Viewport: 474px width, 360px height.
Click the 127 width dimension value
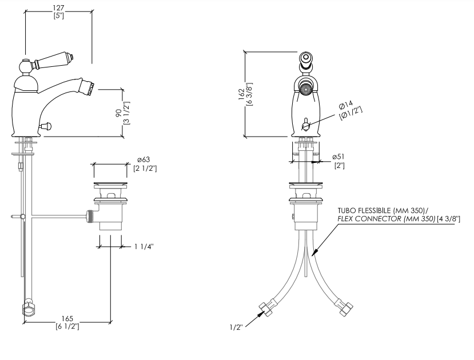(x=58, y=8)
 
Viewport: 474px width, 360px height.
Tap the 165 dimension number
(x=67, y=319)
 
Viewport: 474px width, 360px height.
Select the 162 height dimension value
(x=241, y=94)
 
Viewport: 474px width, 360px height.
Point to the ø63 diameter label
(x=144, y=160)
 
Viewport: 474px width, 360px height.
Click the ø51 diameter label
(x=338, y=157)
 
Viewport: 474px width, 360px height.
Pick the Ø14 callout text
(x=346, y=105)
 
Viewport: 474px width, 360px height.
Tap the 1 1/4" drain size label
(x=144, y=247)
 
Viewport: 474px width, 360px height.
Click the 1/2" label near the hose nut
(x=236, y=327)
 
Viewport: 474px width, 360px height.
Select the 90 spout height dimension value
(x=119, y=113)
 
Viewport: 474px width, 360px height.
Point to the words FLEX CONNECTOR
(x=369, y=219)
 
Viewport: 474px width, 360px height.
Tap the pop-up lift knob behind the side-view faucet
(x=47, y=126)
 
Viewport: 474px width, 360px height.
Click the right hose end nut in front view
(x=345, y=308)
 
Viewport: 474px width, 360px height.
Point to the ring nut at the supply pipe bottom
(x=28, y=309)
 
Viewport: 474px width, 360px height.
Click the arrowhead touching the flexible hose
(x=315, y=251)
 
